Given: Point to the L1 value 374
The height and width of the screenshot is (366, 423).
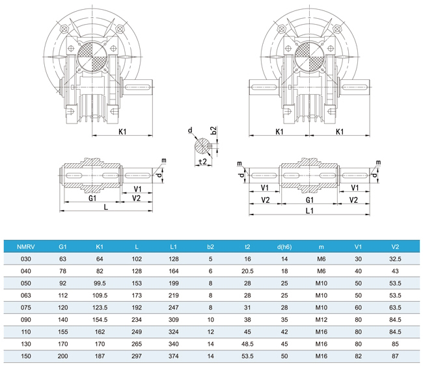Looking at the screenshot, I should point(173,357).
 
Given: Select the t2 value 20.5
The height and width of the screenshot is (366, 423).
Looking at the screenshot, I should point(247,270).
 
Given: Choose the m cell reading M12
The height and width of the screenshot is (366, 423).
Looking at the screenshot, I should point(321,320).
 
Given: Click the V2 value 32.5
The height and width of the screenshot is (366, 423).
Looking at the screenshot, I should point(395,258).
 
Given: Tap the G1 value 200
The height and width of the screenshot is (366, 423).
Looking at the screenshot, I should point(62,357).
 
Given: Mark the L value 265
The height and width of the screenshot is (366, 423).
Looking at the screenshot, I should point(136,345).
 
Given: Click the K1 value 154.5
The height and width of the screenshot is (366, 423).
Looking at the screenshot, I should point(100,320).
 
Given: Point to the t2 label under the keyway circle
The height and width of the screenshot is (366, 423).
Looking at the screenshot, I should point(202,162).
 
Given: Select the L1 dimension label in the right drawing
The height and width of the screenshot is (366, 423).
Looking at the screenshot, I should point(310,211).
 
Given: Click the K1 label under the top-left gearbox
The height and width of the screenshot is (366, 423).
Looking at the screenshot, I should point(122,133).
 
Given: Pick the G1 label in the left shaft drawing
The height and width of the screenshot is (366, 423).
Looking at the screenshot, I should point(92,198).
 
